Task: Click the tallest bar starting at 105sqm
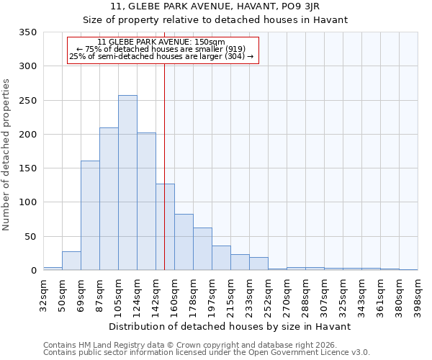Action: (x=127, y=183)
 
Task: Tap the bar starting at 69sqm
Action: (x=90, y=215)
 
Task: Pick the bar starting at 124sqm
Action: (x=146, y=202)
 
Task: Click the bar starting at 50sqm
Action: (x=71, y=261)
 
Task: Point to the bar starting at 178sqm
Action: (x=202, y=249)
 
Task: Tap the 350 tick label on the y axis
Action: (x=27, y=32)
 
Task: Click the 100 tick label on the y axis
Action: (x=27, y=202)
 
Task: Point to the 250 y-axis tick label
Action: (x=27, y=101)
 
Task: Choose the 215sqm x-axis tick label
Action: (x=230, y=294)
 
